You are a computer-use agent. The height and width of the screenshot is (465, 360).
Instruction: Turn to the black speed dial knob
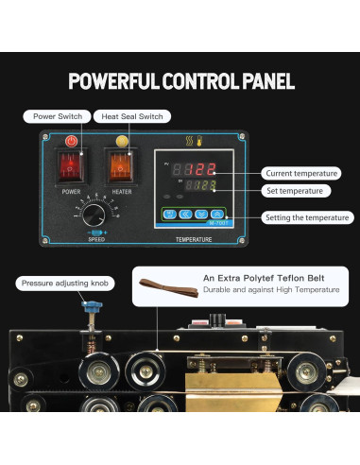[94, 215]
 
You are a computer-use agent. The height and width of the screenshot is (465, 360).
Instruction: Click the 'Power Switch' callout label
[57, 116]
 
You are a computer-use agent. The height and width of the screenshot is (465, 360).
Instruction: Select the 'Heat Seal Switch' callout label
[131, 116]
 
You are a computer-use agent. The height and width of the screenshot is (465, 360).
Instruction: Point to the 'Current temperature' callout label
[301, 174]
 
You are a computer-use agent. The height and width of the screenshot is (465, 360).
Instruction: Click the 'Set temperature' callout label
[295, 190]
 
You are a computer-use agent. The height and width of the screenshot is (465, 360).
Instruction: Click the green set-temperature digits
[200, 187]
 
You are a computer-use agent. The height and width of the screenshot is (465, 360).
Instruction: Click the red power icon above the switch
[71, 141]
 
